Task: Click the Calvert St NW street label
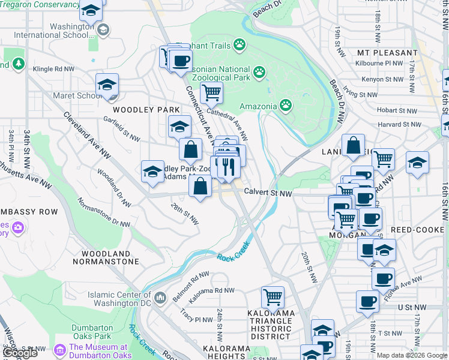pyautogui.click(x=268, y=193)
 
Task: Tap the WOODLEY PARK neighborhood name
pyautogui.click(x=146, y=110)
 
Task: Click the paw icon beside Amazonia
pyautogui.click(x=286, y=106)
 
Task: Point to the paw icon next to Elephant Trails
pyautogui.click(x=240, y=44)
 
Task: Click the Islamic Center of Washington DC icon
pyautogui.click(x=160, y=298)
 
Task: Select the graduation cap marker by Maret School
pyautogui.click(x=107, y=85)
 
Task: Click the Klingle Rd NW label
pyautogui.click(x=53, y=70)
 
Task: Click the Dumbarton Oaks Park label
pyautogui.click(x=92, y=332)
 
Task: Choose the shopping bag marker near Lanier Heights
pyautogui.click(x=354, y=145)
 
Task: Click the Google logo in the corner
pyautogui.click(x=20, y=353)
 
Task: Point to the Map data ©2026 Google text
pyautogui.click(x=411, y=355)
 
